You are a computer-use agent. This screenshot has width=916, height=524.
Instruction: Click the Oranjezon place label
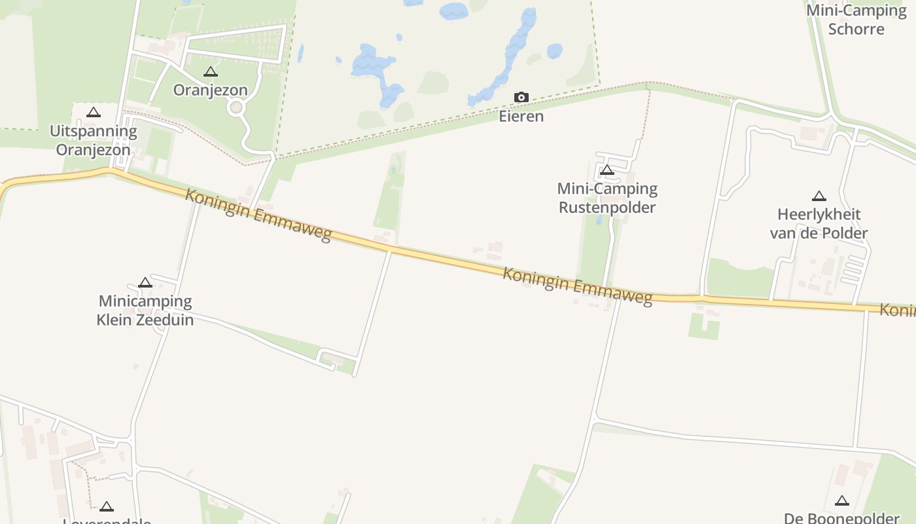pyautogui.click(x=210, y=90)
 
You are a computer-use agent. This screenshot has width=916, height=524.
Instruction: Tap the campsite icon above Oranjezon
pyautogui.click(x=210, y=72)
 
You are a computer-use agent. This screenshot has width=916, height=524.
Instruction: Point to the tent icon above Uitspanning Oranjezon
pyautogui.click(x=94, y=113)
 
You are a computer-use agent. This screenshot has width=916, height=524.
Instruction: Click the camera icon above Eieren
pyautogui.click(x=521, y=98)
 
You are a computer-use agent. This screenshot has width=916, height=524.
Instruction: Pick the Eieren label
pyautogui.click(x=521, y=117)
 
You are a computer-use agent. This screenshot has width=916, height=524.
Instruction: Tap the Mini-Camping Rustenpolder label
pyautogui.click(x=607, y=198)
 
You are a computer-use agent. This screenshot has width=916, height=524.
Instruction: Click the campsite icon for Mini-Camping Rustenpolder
pyautogui.click(x=607, y=171)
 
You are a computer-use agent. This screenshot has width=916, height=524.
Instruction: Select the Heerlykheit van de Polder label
pyautogui.click(x=819, y=223)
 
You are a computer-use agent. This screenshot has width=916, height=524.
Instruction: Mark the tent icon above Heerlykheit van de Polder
pyautogui.click(x=819, y=196)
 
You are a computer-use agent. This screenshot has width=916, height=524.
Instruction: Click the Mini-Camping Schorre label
pyautogui.click(x=856, y=20)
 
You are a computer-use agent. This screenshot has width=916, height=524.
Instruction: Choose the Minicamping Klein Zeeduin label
pyautogui.click(x=145, y=310)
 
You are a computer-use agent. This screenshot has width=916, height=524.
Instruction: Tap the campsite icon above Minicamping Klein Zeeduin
pyautogui.click(x=145, y=283)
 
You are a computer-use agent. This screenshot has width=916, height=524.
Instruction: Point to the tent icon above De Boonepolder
pyautogui.click(x=841, y=501)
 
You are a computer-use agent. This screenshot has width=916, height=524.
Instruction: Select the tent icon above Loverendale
pyautogui.click(x=107, y=506)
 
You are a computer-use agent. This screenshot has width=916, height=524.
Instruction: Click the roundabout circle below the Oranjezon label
pyautogui.click(x=236, y=107)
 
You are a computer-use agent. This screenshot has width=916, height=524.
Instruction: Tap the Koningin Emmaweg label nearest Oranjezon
pyautogui.click(x=258, y=215)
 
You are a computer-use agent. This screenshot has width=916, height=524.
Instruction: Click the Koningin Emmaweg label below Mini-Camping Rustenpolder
pyautogui.click(x=577, y=286)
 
